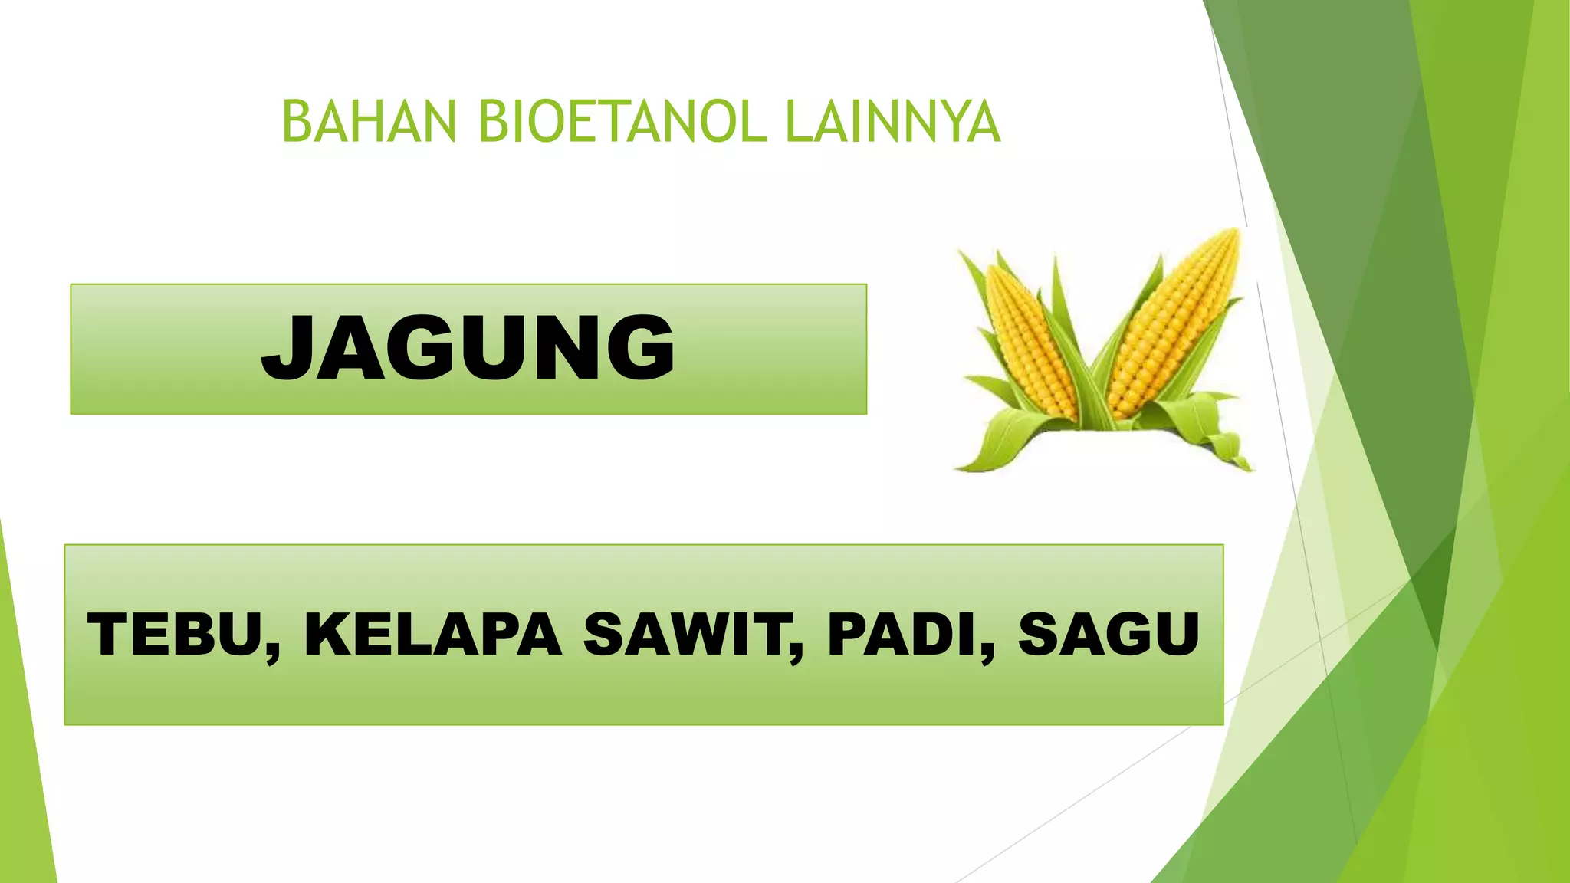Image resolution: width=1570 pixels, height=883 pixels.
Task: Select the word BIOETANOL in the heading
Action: point(622,122)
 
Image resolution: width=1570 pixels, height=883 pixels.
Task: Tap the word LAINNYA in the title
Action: point(893,122)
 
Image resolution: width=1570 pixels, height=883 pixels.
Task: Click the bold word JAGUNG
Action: point(468,348)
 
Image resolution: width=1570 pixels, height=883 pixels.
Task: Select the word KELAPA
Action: point(433,635)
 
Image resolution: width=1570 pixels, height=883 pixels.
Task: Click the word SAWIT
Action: point(687,635)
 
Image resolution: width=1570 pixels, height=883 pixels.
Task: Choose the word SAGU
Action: point(1109,635)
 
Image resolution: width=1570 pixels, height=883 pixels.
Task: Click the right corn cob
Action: point(1173,322)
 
